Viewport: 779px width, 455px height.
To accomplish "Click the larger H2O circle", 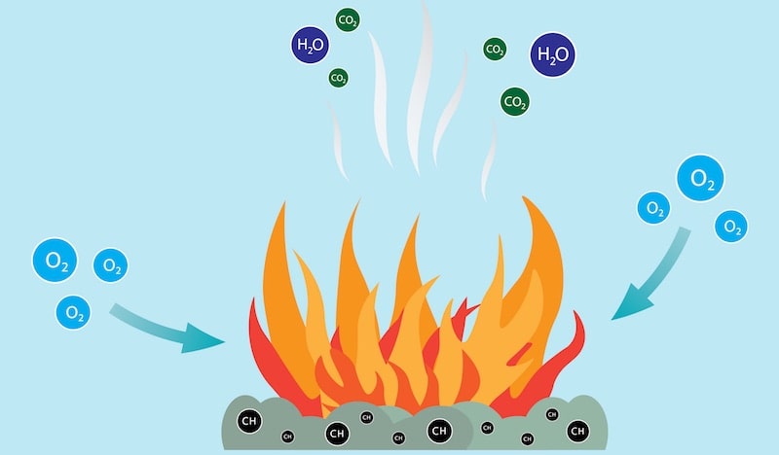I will click(552, 53).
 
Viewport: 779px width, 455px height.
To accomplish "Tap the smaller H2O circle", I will click(311, 44).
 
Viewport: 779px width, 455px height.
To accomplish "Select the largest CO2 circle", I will click(515, 100).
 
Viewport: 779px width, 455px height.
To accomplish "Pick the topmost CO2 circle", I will click(346, 18).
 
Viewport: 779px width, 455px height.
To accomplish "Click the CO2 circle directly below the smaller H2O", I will click(338, 78).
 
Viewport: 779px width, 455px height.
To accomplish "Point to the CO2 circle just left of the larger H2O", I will click(495, 49).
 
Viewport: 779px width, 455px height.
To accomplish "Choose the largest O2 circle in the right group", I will click(701, 178).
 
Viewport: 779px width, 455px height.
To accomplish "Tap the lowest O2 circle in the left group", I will click(72, 312).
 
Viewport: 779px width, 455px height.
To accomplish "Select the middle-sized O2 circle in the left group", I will click(110, 265).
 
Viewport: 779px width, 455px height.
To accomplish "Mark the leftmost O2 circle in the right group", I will click(653, 207).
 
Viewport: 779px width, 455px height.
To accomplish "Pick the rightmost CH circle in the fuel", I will click(577, 430).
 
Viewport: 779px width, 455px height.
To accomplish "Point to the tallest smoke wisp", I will click(421, 78).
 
